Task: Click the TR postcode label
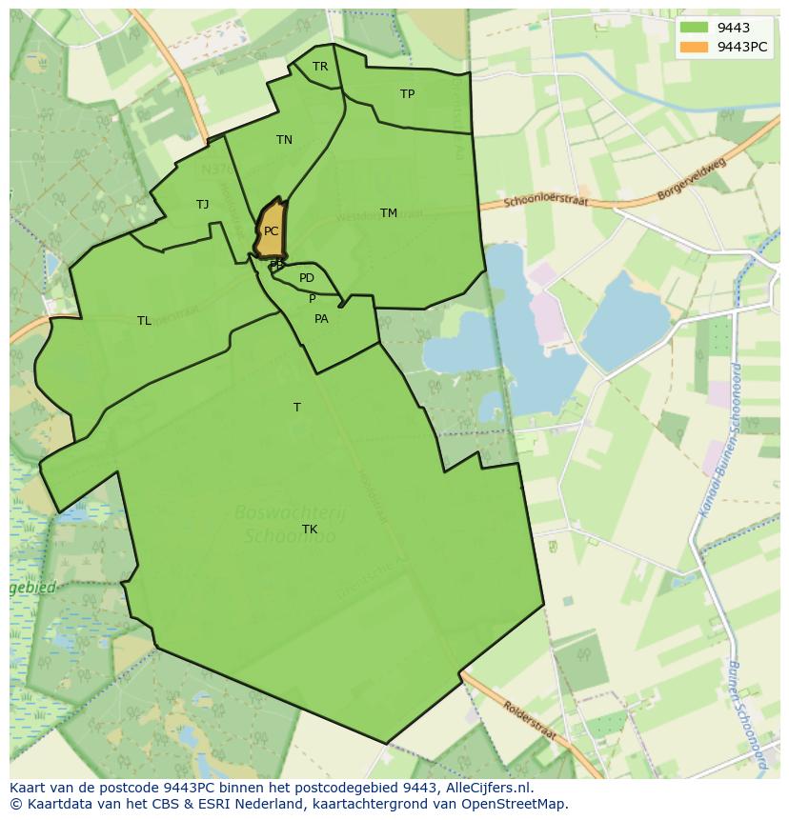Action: click(x=320, y=67)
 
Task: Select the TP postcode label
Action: click(x=408, y=94)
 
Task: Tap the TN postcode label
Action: click(x=284, y=140)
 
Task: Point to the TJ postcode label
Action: click(x=203, y=205)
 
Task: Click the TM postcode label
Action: click(x=389, y=213)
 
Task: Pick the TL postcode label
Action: click(x=144, y=321)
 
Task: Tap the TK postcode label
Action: click(x=310, y=530)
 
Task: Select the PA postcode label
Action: click(x=321, y=319)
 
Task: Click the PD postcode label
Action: click(x=307, y=278)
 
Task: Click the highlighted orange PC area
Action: click(x=271, y=230)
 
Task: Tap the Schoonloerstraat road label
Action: click(x=548, y=202)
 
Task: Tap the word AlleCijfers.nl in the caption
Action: click(x=490, y=788)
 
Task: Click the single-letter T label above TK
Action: click(x=297, y=408)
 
